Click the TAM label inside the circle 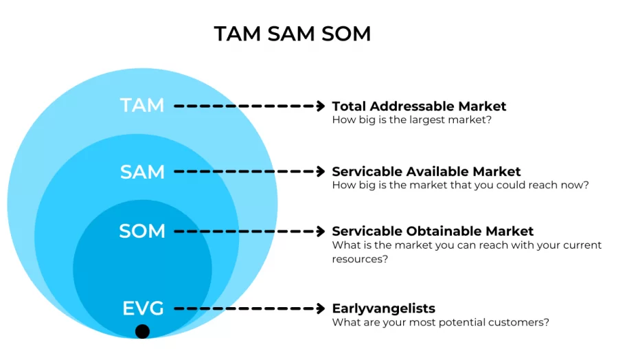[x=142, y=106]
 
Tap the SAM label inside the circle [x=142, y=171]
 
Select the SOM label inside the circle [x=142, y=232]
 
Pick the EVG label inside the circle [x=143, y=308]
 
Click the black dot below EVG [x=142, y=332]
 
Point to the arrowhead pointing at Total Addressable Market [x=319, y=106]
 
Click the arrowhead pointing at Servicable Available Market [x=319, y=172]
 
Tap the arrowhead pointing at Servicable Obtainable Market [x=319, y=232]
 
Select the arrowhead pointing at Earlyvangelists [x=319, y=309]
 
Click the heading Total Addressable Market [x=419, y=106]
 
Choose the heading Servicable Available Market [x=426, y=172]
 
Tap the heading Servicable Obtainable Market [x=433, y=232]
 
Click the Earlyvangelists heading [x=383, y=309]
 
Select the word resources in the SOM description [x=358, y=259]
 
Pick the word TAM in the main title [x=238, y=34]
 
